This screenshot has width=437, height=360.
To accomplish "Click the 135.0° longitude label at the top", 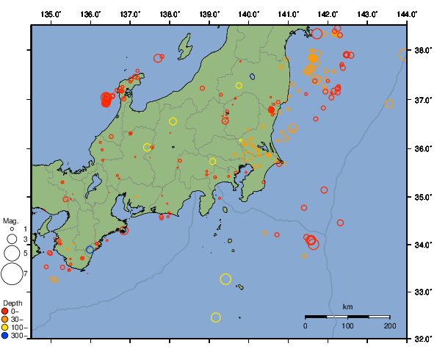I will (x=51, y=13).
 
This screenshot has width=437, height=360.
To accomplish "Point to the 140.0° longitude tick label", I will (x=249, y=13).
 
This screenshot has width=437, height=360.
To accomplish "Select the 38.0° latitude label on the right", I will (x=422, y=51).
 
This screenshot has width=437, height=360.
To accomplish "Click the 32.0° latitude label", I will (x=422, y=340).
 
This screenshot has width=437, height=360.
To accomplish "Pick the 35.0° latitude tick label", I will (x=422, y=197).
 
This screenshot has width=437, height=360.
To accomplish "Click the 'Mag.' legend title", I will (x=10, y=220).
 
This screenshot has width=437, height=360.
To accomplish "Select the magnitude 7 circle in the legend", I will (x=11, y=274).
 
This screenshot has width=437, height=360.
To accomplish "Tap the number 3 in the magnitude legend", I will (x=25, y=240).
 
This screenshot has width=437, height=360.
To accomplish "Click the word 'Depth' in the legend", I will (x=12, y=303).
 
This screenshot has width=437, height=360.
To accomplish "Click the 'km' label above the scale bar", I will (x=347, y=306).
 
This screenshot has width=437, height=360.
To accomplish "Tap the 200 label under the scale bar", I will (x=389, y=325).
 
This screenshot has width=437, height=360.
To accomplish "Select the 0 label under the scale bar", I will (x=306, y=325).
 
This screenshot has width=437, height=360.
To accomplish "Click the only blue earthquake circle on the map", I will (x=90, y=250).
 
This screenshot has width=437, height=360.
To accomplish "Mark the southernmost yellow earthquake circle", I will (x=216, y=317).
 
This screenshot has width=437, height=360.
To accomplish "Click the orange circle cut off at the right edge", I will (x=403, y=54).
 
